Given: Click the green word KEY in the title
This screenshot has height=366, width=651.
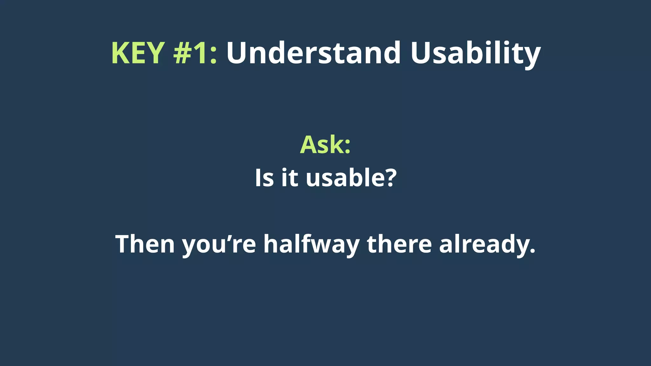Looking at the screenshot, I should pos(138,53).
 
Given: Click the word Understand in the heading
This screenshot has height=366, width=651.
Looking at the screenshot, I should pos(313,53).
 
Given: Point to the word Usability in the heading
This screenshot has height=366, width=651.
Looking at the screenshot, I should pos(475,53).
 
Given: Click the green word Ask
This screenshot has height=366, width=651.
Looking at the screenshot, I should pos(321,145).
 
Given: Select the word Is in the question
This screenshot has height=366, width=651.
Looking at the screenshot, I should pos(264,178).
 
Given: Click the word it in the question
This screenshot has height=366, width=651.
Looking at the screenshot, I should pos(290,178).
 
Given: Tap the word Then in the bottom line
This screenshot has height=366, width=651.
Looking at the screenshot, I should pos(145,244).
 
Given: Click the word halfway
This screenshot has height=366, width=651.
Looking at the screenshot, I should pos(312,244).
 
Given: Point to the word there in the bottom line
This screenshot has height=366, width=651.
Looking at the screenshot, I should pos(399,244).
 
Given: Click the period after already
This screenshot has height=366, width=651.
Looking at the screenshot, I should pos(532,252).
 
